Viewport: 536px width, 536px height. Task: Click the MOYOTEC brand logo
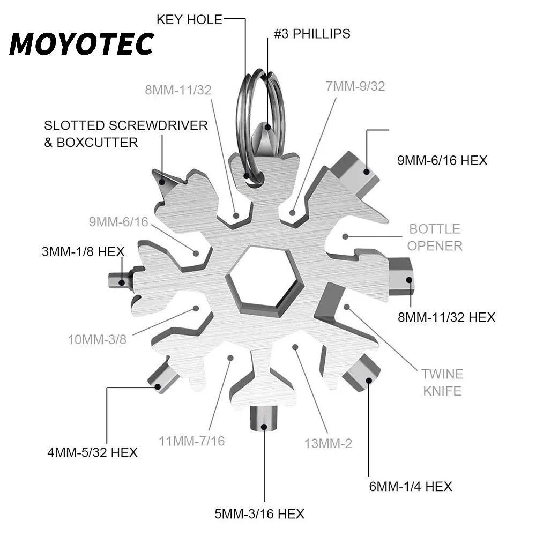tap(81, 44)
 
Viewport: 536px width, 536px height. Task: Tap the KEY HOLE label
tap(189, 19)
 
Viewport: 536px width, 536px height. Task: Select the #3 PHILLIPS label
tap(312, 34)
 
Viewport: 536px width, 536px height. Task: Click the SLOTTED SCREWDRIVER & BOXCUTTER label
tap(126, 133)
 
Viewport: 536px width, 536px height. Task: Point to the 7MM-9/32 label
tap(355, 86)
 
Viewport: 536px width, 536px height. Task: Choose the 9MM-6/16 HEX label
tap(442, 160)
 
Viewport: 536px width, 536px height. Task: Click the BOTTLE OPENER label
tap(435, 237)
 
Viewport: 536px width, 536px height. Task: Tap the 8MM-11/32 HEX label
tap(446, 317)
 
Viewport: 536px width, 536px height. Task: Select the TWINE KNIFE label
tap(442, 382)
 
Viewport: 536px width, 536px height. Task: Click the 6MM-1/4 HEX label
tap(411, 487)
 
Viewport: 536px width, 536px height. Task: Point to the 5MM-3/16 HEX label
tap(259, 514)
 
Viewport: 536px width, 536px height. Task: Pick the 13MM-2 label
tap(328, 443)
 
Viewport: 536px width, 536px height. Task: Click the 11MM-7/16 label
tap(192, 441)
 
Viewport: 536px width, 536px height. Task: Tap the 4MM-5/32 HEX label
tap(93, 452)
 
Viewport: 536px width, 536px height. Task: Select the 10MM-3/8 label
tap(97, 339)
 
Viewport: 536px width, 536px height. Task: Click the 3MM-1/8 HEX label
tap(83, 251)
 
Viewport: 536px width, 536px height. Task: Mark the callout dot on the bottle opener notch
tap(345, 236)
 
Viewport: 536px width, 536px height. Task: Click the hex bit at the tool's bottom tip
tap(264, 419)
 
